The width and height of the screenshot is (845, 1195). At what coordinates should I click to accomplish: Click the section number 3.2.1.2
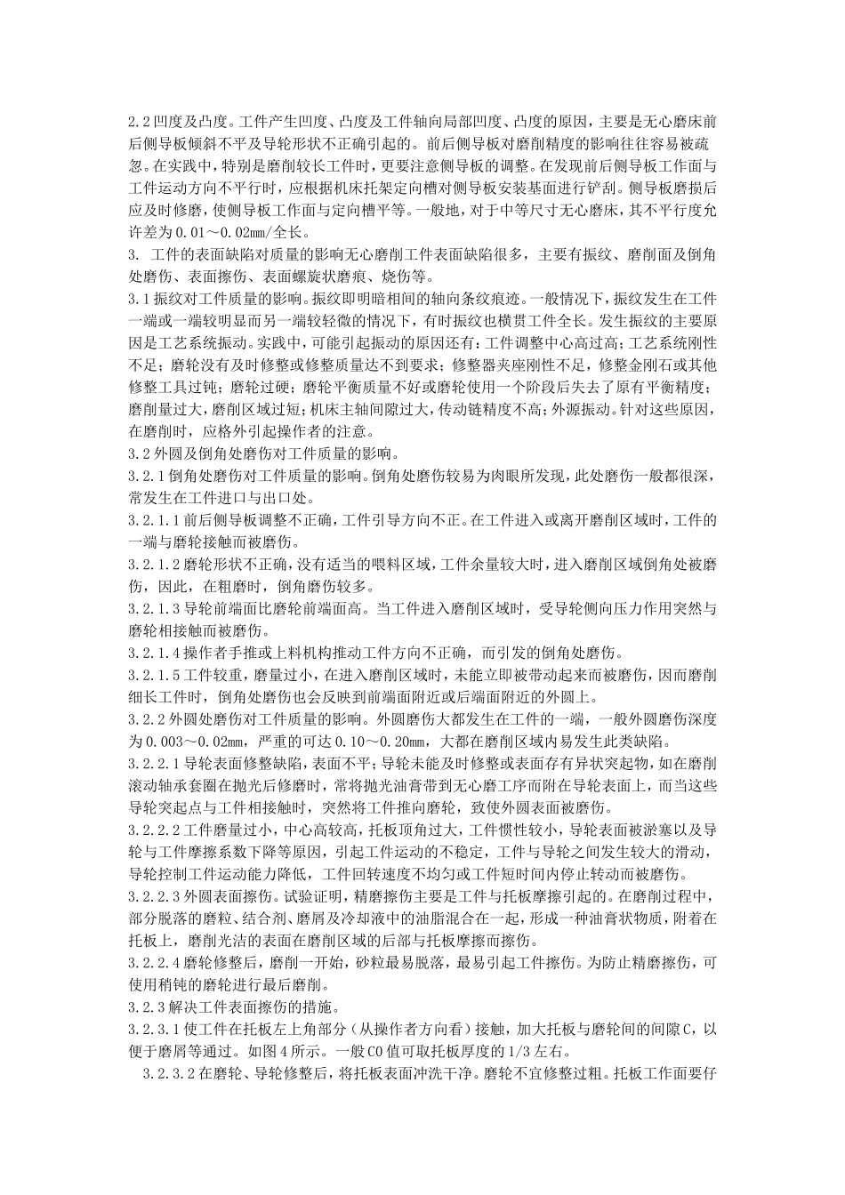(155, 565)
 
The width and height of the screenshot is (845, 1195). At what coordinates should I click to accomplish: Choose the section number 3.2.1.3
(155, 610)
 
